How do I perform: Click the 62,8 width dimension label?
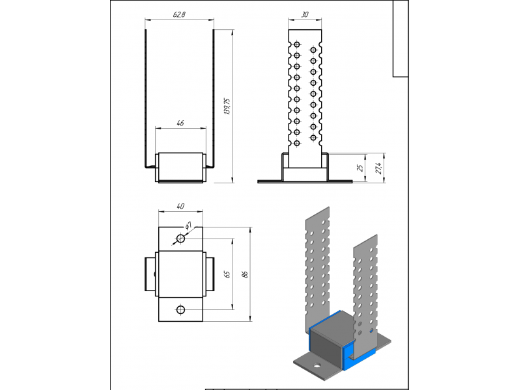click(179, 14)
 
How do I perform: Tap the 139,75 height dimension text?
click(227, 106)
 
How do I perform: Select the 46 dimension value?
click(180, 123)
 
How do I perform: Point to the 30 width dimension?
click(305, 14)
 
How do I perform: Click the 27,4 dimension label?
click(378, 168)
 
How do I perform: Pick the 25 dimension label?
click(360, 168)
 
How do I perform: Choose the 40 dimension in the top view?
click(180, 206)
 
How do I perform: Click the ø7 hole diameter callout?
click(188, 226)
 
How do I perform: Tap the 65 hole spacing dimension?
click(227, 274)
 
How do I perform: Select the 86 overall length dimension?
click(246, 274)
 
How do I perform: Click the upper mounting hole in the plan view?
click(180, 238)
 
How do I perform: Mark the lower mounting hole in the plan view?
click(180, 310)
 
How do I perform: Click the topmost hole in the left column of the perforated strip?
click(297, 44)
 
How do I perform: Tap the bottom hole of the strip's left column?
click(297, 143)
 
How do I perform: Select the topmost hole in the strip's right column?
click(313, 50)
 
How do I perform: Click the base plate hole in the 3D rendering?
click(317, 366)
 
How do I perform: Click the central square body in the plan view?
click(180, 274)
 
